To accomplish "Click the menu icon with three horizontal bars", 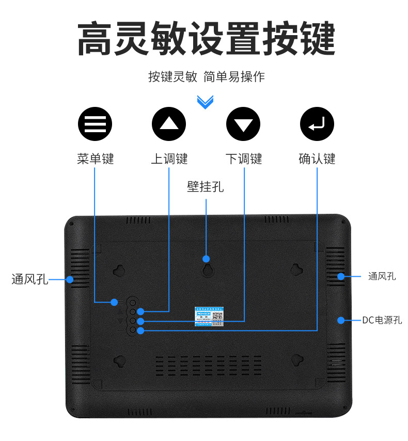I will [95, 124].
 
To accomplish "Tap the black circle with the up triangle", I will [168, 124].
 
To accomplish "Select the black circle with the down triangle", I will [243, 124].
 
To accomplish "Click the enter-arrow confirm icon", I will [317, 124].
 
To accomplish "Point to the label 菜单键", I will [95, 159].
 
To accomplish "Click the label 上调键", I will [169, 159].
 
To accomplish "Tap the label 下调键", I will [243, 159].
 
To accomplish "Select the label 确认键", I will [317, 159].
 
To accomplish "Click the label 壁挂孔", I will [206, 186].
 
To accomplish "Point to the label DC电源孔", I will [382, 320].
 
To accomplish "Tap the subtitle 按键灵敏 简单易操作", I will [206, 77].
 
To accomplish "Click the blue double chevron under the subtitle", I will [205, 102].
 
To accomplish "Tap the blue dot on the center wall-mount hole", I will [206, 259].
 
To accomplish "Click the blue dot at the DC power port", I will [341, 320].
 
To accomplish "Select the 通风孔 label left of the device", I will [29, 280].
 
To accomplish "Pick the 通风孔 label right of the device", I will [382, 276].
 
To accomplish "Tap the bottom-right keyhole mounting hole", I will [296, 360].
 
